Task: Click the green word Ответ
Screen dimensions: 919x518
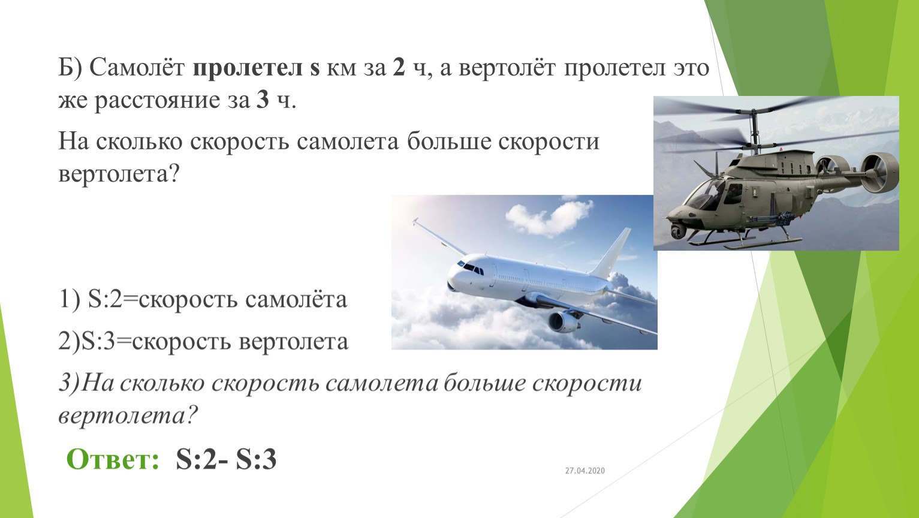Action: coord(113,459)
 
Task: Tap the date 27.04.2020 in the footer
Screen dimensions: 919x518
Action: coord(584,471)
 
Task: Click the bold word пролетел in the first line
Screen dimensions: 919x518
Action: coord(248,68)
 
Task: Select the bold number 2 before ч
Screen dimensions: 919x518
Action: coord(399,67)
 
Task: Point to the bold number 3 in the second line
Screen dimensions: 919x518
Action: coord(263,100)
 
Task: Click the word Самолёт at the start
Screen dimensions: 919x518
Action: coord(137,67)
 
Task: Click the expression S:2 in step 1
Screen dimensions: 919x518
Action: coord(105,299)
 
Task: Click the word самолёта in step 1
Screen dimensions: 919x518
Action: coord(296,299)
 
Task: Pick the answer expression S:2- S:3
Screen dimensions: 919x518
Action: coord(226,459)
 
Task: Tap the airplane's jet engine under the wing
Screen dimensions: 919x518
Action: coord(564,321)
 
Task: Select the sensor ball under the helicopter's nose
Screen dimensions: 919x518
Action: coord(677,231)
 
